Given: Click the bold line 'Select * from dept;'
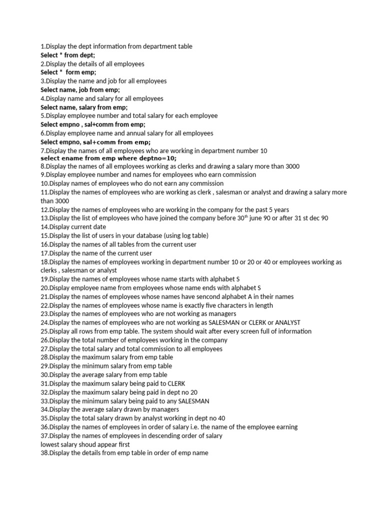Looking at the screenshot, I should [x=67, y=55].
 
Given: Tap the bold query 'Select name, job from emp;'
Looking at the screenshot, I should [x=80, y=90].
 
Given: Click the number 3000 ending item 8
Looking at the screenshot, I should [x=292, y=166].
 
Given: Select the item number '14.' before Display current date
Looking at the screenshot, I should [x=45, y=227].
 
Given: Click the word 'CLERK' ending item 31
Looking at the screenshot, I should [x=175, y=383].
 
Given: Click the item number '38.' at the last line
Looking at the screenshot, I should [x=45, y=453].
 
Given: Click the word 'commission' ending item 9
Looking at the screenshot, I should [x=238, y=174].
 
